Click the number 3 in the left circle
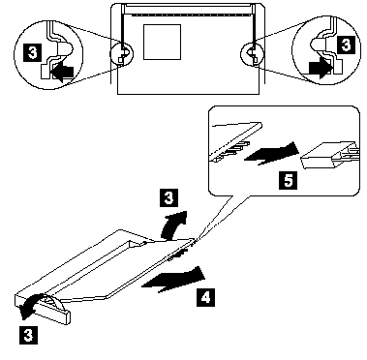[33, 53]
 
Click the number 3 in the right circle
[346, 45]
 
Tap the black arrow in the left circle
[62, 72]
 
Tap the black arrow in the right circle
[320, 68]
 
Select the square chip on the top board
[162, 42]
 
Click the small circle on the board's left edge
[122, 53]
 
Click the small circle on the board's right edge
[253, 53]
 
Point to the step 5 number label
[289, 180]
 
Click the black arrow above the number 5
[272, 153]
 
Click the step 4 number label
[205, 298]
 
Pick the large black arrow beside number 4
[174, 279]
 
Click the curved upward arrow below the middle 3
[173, 225]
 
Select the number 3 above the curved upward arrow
[168, 198]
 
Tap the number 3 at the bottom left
[28, 335]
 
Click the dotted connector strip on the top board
[187, 15]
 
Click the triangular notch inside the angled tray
[136, 244]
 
